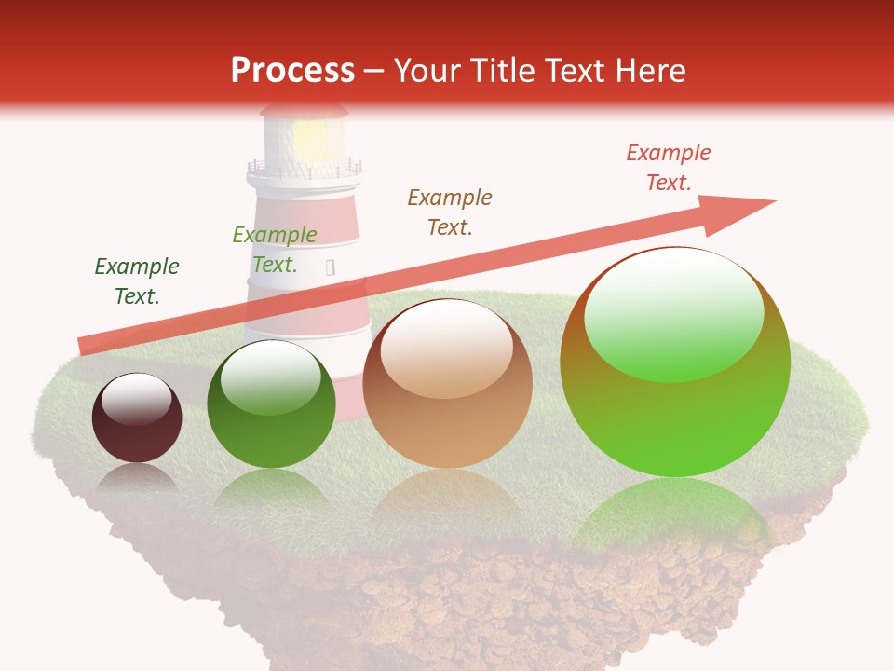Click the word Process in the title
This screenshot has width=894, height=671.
point(292,71)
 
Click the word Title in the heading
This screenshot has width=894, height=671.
point(492,71)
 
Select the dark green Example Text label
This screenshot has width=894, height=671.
point(137,281)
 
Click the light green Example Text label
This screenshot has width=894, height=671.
point(275,250)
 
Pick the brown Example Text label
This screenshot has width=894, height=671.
point(450,212)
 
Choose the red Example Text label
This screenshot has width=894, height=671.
point(669,168)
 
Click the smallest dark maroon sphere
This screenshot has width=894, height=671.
point(137,418)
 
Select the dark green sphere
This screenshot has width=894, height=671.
point(271,404)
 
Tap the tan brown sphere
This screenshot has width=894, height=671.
point(448,383)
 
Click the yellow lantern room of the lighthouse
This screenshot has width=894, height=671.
point(311,138)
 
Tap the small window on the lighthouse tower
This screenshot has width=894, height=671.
point(330,268)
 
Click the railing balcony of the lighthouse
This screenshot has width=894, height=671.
point(304,170)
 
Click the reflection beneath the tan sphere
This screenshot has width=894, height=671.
point(448,499)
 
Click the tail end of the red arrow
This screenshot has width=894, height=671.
point(87,346)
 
